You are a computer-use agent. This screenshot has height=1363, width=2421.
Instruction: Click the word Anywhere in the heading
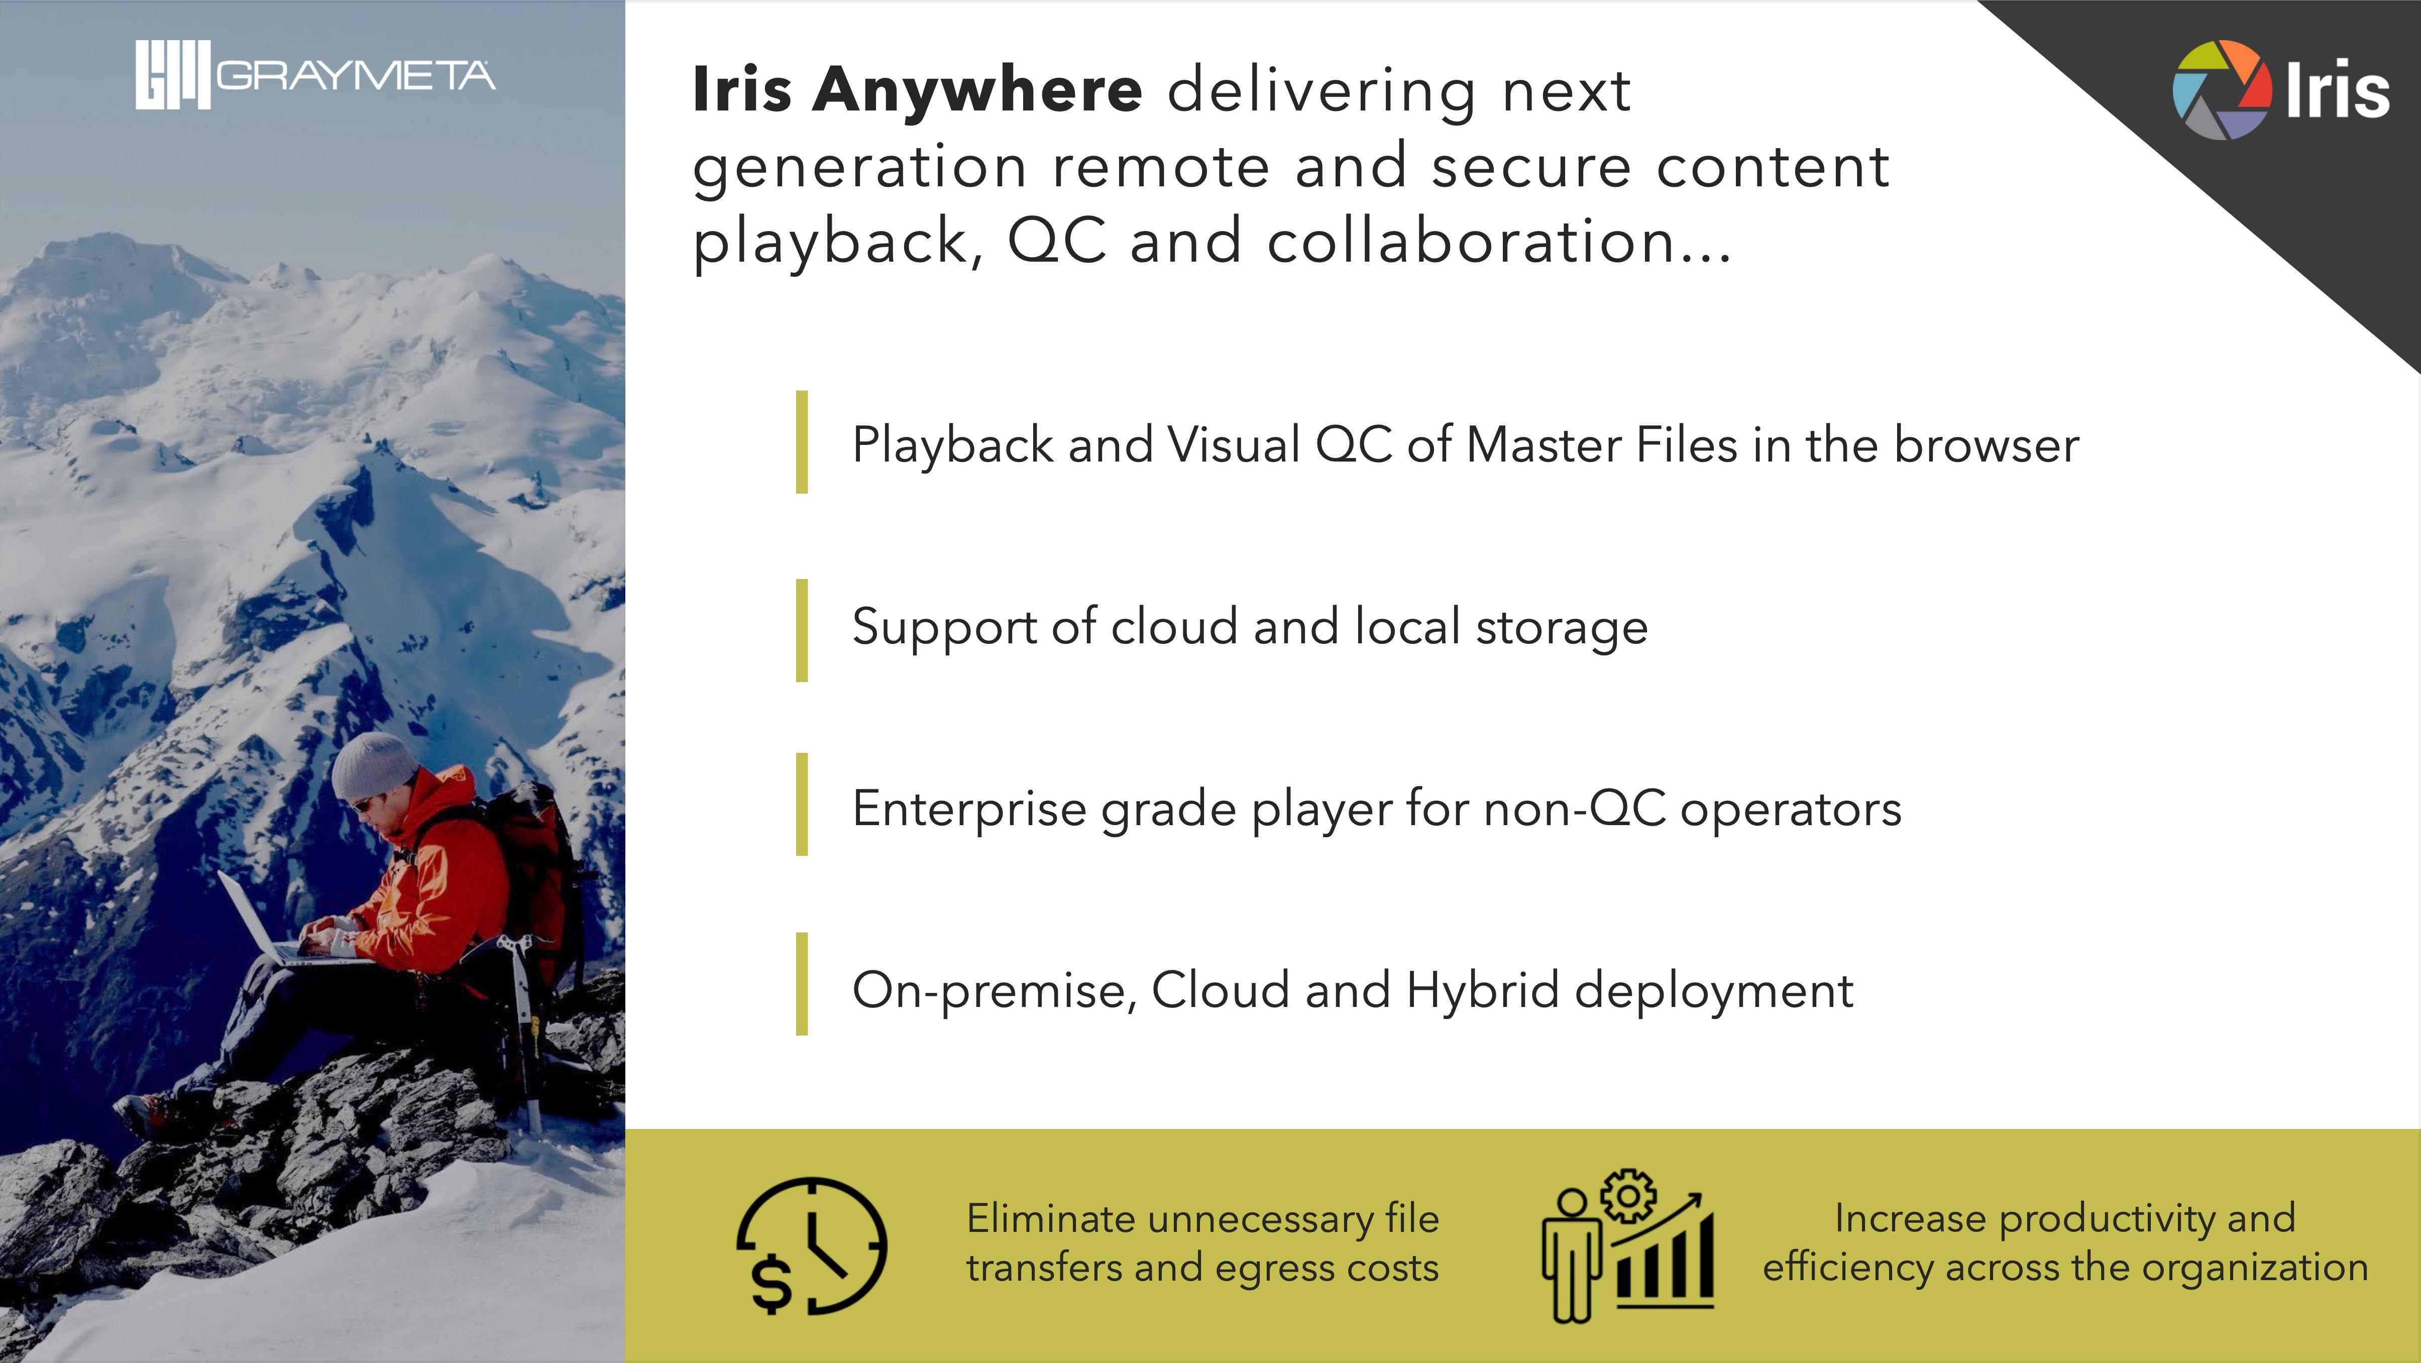click(x=977, y=90)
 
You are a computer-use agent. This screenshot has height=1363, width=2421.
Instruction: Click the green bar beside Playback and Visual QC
click(x=802, y=442)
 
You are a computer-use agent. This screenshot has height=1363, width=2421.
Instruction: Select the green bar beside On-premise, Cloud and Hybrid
click(x=802, y=984)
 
